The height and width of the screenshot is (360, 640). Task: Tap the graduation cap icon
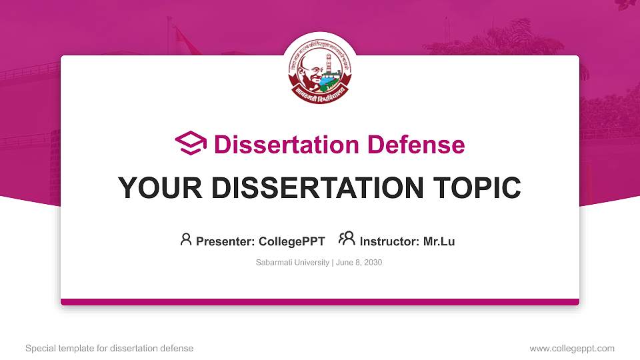click(191, 143)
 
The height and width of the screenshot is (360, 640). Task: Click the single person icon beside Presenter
click(186, 239)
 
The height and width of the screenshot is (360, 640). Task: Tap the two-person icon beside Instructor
click(347, 239)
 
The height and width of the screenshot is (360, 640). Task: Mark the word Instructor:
click(389, 241)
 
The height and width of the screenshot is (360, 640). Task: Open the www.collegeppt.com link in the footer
click(572, 348)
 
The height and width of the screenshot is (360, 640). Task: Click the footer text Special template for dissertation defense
click(109, 348)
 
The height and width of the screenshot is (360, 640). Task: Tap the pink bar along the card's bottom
click(320, 302)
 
